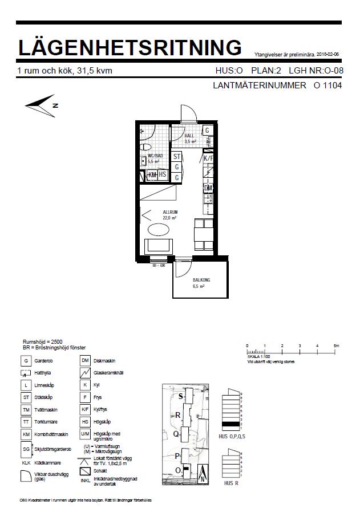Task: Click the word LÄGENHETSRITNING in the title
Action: coord(130,47)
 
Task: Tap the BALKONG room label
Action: coord(201,280)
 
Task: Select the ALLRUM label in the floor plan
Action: coord(169,211)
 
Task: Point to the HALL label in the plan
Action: coord(189,136)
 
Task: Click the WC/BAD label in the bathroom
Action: coord(155,156)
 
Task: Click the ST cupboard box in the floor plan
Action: coord(177,157)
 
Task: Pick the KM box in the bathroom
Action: coord(152,174)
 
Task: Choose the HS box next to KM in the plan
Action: coord(163,174)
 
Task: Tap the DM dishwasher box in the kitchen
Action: coord(208,188)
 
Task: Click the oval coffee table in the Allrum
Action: coord(158,230)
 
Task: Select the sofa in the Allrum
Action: coord(158,247)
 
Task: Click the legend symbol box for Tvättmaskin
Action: coord(26,410)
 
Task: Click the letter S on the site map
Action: coord(181,396)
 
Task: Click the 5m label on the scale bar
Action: coord(337,346)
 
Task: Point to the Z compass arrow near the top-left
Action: coord(40,105)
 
